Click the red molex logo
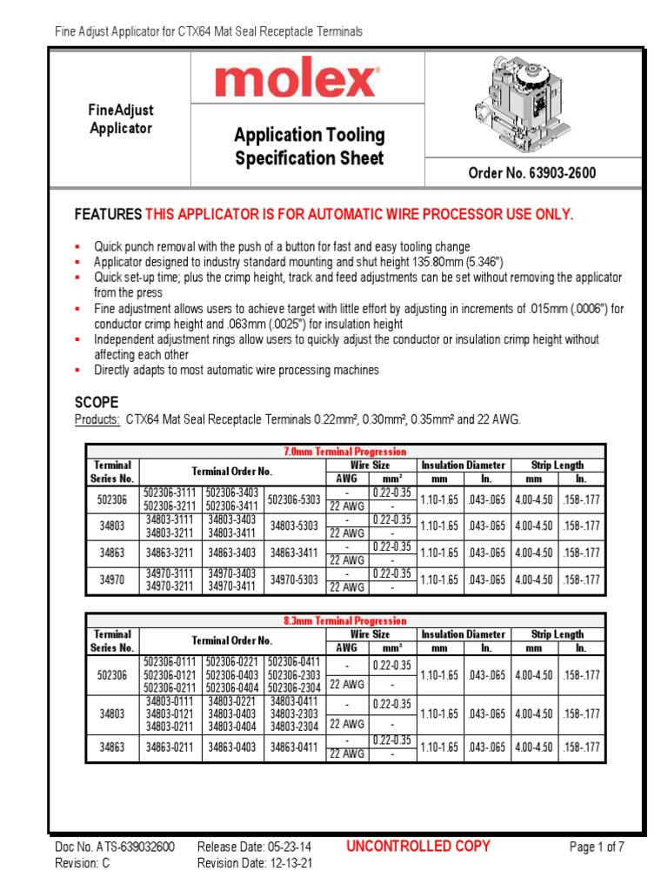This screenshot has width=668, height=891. (x=296, y=82)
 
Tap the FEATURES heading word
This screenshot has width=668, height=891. (x=108, y=215)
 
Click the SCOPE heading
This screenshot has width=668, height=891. (x=97, y=402)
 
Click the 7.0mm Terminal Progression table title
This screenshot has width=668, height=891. (x=345, y=452)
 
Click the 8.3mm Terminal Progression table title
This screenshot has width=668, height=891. (x=345, y=620)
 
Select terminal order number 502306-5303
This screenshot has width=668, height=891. (x=294, y=499)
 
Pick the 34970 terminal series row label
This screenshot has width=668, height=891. (x=112, y=579)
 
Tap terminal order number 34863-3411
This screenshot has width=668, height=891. (x=294, y=553)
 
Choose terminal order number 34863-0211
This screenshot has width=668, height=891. (x=169, y=747)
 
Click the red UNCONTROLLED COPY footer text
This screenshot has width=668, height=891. (x=417, y=846)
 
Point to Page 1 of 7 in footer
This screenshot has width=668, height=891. (x=597, y=847)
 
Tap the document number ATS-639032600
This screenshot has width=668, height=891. (x=130, y=847)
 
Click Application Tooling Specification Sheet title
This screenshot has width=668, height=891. (x=309, y=146)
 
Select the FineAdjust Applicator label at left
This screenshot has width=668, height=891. (x=121, y=119)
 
